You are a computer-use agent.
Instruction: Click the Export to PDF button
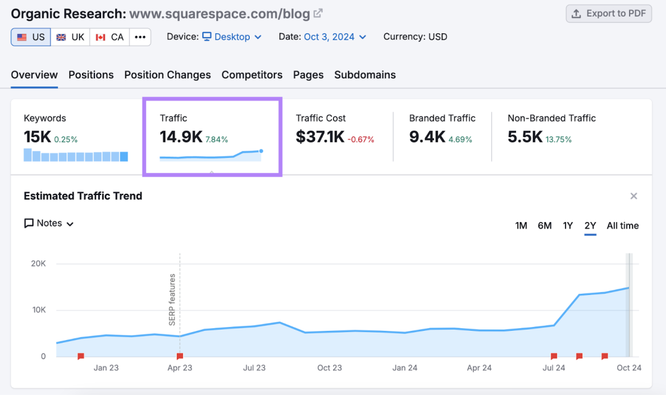click(609, 14)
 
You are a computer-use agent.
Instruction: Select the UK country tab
click(70, 37)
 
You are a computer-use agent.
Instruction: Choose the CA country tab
click(109, 37)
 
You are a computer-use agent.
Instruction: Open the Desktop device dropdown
click(232, 37)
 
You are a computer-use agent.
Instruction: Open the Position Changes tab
click(167, 75)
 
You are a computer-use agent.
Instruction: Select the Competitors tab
click(252, 75)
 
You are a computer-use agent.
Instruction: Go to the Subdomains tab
click(365, 75)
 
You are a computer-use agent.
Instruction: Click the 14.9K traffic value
click(181, 137)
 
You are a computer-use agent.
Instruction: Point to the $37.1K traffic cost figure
click(320, 137)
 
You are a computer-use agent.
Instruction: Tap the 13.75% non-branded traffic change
click(559, 139)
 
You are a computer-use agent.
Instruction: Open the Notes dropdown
click(49, 223)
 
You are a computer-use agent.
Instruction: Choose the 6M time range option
click(545, 226)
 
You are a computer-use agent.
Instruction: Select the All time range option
click(623, 226)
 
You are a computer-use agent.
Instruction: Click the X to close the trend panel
click(634, 196)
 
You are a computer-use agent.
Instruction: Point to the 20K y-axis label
click(38, 264)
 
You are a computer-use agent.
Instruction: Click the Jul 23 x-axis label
click(254, 368)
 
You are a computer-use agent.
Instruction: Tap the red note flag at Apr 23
click(180, 356)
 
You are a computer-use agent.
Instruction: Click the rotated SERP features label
click(172, 300)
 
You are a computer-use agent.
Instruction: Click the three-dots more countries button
click(140, 37)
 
